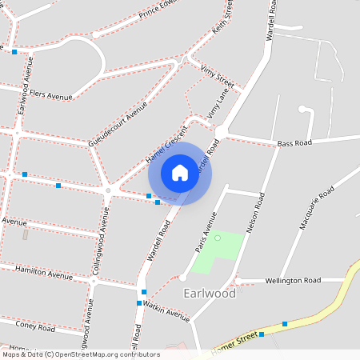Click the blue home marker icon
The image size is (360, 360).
180,173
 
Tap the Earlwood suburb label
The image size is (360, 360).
210,294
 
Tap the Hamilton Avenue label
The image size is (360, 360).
43,273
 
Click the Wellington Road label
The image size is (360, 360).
292,281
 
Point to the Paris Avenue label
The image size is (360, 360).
206,233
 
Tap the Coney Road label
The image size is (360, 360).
34,326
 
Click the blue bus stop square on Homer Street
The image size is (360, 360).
285,324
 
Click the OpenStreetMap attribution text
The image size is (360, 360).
80,354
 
